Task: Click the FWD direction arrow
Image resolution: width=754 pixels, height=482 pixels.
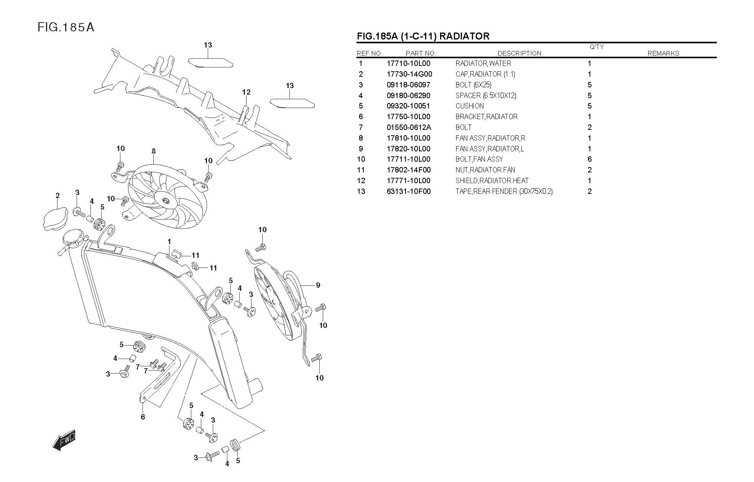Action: pos(64,439)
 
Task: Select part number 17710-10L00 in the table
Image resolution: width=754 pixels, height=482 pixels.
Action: pos(408,64)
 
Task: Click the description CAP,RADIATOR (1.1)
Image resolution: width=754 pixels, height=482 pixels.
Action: pos(485,74)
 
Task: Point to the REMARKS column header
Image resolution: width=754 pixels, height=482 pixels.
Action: pos(663,53)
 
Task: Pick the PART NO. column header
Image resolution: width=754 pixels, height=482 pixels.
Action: pos(421,53)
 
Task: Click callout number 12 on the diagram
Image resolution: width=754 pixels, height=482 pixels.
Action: pos(246,92)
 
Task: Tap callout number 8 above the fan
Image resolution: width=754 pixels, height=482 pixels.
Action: pos(154,151)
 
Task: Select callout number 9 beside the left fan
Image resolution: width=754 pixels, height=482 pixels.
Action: pos(318,285)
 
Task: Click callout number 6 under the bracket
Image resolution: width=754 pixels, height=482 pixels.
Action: pos(143,417)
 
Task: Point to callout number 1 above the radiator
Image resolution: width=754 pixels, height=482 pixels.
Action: pos(169,242)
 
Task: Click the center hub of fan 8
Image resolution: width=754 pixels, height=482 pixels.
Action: pos(166,200)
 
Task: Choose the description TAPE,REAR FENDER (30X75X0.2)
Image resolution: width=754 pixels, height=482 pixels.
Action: pos(504,192)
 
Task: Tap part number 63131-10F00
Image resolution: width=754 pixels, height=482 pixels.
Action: pos(408,192)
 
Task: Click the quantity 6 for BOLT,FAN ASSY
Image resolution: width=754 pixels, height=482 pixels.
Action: pos(589,159)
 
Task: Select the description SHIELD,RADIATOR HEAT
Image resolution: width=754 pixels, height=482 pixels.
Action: pos(492,181)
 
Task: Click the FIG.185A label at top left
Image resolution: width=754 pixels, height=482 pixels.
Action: pos(66,28)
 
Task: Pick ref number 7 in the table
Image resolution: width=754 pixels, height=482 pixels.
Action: pos(361,128)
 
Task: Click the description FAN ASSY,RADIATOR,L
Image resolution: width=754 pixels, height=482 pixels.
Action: pos(490,149)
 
